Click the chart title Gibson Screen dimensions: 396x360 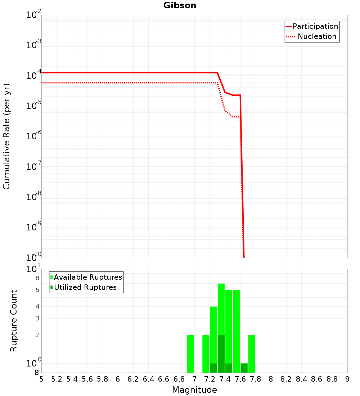pos(180,5)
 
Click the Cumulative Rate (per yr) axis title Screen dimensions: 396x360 pos(6,136)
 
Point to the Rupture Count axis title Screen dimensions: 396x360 pos(14,321)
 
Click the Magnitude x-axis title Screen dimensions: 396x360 pos(194,390)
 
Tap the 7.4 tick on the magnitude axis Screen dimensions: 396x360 pos(225,379)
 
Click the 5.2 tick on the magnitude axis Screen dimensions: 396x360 pos(57,379)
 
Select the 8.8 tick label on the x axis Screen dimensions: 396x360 pos(332,379)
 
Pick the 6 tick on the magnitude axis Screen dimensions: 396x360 pos(118,379)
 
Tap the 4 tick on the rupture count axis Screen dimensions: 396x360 pos(37,306)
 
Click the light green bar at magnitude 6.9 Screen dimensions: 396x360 pos(190,354)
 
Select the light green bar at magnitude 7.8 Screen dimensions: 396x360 pos(252,354)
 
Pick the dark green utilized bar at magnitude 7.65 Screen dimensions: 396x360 pos(244,368)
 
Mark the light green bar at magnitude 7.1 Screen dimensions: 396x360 pos(206,354)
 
